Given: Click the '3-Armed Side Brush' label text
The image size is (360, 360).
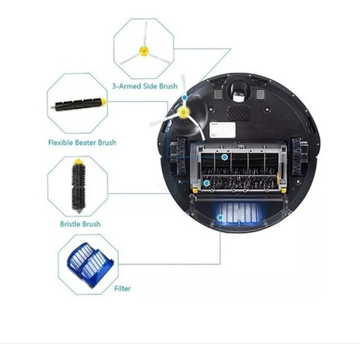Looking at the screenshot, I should (144, 86).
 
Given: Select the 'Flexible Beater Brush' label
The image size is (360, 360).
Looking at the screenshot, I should (82, 142).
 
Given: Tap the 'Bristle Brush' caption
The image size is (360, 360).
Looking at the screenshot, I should (80, 224).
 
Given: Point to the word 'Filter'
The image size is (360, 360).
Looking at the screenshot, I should (122, 288).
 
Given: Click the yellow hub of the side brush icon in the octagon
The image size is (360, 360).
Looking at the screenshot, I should (143, 51).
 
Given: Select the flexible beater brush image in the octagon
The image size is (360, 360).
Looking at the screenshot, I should (79, 103).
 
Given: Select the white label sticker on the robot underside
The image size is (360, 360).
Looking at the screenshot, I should (222, 129).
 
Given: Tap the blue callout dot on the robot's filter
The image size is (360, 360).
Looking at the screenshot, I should (220, 218).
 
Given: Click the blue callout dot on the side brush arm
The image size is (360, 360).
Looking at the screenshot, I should (184, 98).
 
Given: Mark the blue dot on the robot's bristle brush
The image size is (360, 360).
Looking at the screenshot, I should (207, 182).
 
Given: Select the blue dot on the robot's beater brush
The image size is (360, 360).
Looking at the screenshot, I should (225, 157).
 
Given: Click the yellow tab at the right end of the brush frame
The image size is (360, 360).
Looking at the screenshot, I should (283, 189).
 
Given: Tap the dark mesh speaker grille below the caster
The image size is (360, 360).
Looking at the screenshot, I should (239, 112).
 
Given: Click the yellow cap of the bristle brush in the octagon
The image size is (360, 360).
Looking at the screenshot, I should (78, 162).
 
